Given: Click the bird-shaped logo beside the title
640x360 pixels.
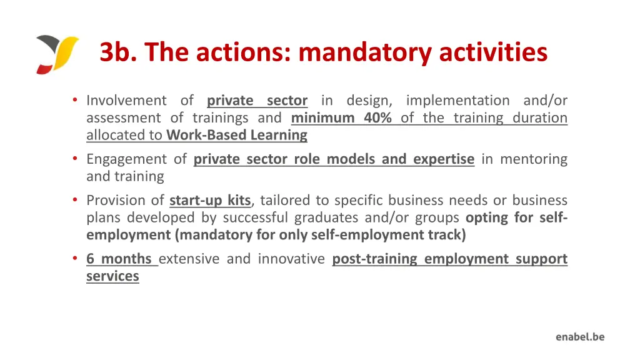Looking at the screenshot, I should [x=57, y=54].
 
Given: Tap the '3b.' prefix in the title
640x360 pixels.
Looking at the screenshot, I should [x=115, y=52].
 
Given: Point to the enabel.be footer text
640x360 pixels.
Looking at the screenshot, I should [x=580, y=337].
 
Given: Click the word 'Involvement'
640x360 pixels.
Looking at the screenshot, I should [x=126, y=101].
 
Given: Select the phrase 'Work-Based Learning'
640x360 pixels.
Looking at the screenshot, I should [x=237, y=135].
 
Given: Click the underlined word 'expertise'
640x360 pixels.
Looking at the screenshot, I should [x=443, y=159].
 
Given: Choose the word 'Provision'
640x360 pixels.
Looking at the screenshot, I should [x=116, y=201].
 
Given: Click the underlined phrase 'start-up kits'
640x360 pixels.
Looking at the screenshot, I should [x=210, y=201].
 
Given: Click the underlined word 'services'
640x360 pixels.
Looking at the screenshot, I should [x=112, y=276].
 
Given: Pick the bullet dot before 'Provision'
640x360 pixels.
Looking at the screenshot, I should [x=74, y=201].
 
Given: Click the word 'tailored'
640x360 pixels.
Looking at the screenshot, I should [x=284, y=201].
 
